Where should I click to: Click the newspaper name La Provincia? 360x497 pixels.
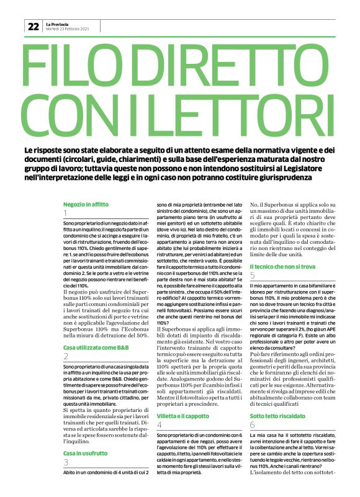pos(58,24)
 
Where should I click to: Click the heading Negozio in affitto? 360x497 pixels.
pos(86,204)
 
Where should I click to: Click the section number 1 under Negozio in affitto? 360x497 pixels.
pos(65,213)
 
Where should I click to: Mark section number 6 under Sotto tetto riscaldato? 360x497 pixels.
pos(252,441)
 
